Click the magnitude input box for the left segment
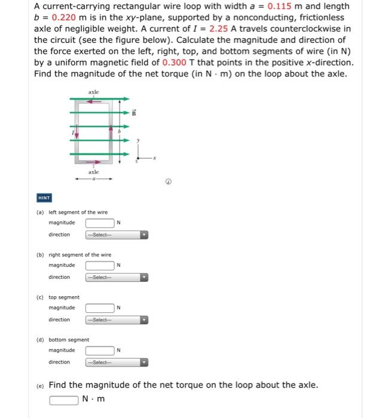tap(99, 223)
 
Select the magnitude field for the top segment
tap(99, 308)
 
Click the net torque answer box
tap(64, 399)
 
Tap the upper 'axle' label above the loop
tap(94, 93)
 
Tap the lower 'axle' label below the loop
tap(94, 171)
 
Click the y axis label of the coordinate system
tap(139, 141)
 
